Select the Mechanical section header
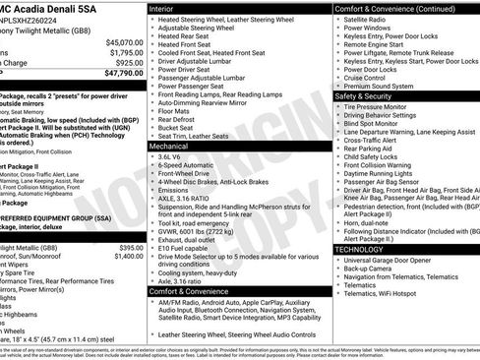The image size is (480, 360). click(174, 145)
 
